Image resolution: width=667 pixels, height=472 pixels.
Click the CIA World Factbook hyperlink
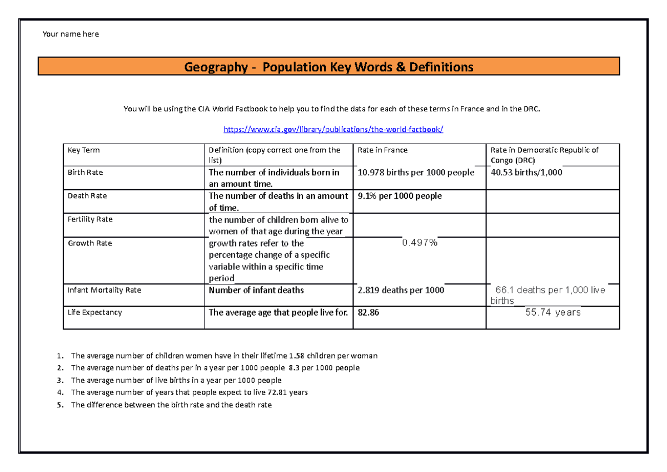[x=333, y=129]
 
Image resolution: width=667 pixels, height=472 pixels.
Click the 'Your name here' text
[x=71, y=34]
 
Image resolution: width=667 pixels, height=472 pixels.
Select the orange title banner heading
[x=328, y=67]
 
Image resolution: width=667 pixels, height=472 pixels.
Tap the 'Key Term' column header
[x=83, y=150]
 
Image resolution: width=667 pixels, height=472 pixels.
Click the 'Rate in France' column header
[x=382, y=150]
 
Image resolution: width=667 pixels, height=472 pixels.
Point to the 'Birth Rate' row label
[x=85, y=173]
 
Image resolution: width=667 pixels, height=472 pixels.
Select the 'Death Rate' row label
[x=87, y=196]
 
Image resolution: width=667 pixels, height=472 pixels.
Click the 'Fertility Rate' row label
[x=89, y=219]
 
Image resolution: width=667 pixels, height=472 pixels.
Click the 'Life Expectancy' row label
[x=94, y=313]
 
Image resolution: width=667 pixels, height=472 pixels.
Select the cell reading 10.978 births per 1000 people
[x=416, y=173]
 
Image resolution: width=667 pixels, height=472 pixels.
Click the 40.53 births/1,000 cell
[x=526, y=173]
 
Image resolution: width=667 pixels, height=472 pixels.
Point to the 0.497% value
[x=420, y=243]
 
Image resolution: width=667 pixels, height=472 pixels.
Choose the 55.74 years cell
[x=552, y=313]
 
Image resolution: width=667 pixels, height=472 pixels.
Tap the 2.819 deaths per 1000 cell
[x=401, y=290]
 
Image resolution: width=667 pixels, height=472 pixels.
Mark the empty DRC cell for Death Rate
[x=552, y=201]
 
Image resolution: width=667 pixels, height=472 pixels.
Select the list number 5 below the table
[x=59, y=405]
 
